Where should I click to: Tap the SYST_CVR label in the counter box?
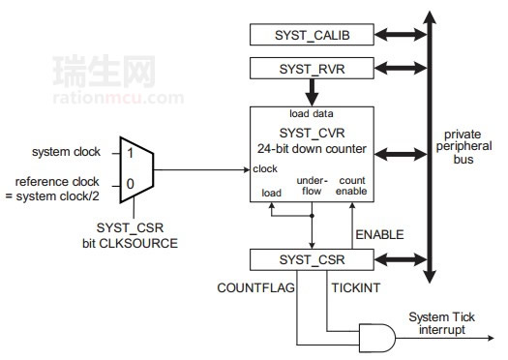click(x=312, y=133)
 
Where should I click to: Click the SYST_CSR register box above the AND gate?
click(x=312, y=260)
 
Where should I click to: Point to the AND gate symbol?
click(x=376, y=336)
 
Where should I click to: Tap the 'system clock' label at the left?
click(x=65, y=152)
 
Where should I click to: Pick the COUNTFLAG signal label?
click(x=254, y=287)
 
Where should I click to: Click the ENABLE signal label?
click(x=380, y=234)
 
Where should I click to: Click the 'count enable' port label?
click(x=352, y=187)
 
